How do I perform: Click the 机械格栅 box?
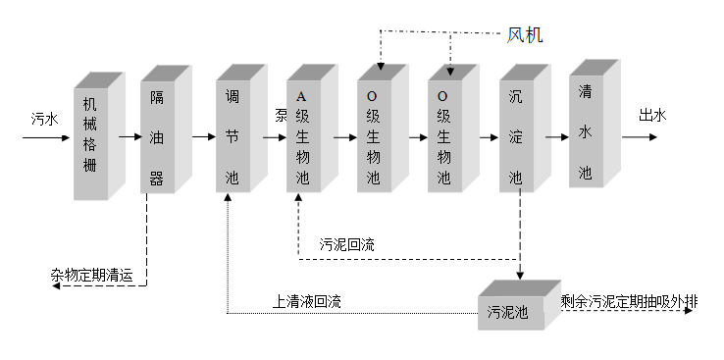(x=92, y=136)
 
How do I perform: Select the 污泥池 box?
(x=508, y=313)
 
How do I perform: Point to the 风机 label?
(x=525, y=35)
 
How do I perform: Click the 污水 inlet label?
(x=45, y=119)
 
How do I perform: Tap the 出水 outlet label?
(x=652, y=116)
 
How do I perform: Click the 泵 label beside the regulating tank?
(x=281, y=116)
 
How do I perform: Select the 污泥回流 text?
(x=347, y=244)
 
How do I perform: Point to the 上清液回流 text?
(x=306, y=301)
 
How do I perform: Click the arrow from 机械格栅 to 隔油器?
(x=129, y=138)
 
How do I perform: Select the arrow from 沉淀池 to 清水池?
(x=554, y=138)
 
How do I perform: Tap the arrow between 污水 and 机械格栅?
(x=45, y=138)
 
